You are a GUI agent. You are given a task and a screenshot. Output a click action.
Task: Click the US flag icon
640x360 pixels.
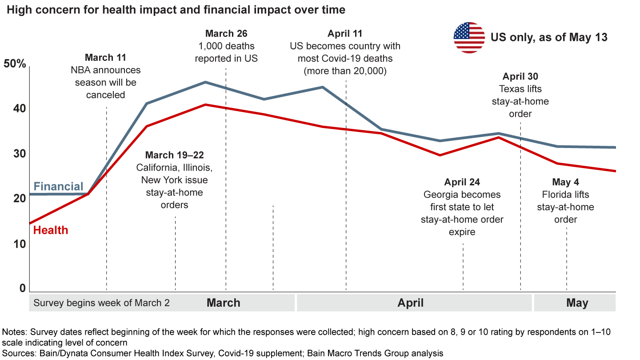coord(469,37)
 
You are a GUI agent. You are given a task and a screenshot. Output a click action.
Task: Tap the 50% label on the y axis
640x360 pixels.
coord(15,64)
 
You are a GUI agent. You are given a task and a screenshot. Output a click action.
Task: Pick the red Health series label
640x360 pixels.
coord(51,230)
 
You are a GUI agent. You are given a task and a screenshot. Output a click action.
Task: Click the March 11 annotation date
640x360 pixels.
coord(105,57)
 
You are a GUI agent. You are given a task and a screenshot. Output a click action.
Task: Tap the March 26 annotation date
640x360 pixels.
coord(226,34)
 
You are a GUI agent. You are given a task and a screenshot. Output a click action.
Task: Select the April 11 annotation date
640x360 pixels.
coord(345,34)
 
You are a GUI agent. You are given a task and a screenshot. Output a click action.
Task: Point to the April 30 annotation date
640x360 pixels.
coord(520,76)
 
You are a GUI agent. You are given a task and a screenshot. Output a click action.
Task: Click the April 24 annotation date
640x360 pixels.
coord(462,182)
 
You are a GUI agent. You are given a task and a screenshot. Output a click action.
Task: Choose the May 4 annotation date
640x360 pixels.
coord(565,182)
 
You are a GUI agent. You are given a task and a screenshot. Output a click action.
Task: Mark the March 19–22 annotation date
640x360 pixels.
coord(174,155)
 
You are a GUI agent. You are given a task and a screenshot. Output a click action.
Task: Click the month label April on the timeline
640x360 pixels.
coord(411,303)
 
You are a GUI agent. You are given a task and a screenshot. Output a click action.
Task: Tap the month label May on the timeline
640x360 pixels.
coord(577,303)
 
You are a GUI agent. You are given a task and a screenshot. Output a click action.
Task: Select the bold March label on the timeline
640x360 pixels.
coord(224,303)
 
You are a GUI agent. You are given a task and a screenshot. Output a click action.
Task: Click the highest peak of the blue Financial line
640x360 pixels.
coord(205,82)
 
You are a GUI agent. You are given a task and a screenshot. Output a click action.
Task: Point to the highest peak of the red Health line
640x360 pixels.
coord(205,104)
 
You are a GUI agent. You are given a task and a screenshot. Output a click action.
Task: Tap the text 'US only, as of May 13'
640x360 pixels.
coord(549,37)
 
